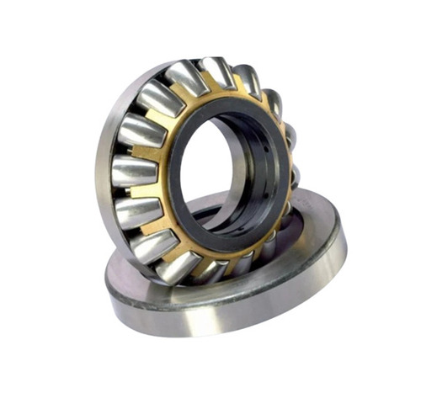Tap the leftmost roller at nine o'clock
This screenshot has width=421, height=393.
134,171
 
